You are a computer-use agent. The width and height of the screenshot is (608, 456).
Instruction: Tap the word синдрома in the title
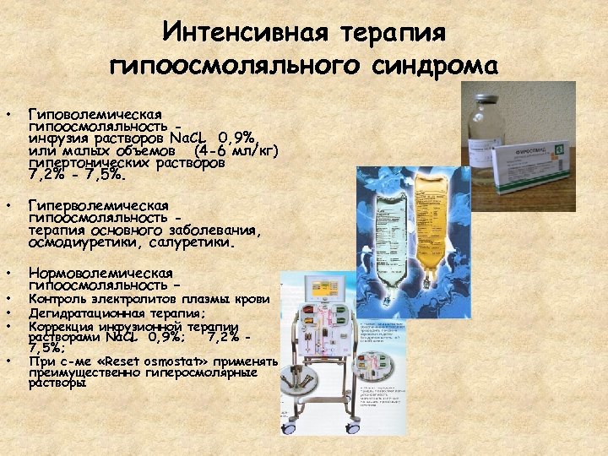[x=442, y=65]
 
